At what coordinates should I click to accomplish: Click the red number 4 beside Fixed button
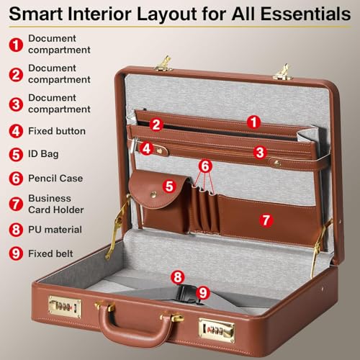(14, 131)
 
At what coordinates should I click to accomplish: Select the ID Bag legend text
(43, 154)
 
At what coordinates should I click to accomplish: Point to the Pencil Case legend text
(55, 178)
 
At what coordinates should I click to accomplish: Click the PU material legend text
(55, 230)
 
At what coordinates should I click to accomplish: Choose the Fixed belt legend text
(50, 253)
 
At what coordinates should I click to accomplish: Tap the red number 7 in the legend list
(14, 204)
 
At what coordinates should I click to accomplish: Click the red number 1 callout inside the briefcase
(253, 122)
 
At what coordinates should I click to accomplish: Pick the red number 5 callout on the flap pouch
(169, 186)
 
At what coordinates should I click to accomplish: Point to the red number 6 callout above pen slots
(206, 166)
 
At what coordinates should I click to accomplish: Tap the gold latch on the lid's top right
(280, 71)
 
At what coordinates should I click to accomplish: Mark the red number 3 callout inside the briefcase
(261, 152)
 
